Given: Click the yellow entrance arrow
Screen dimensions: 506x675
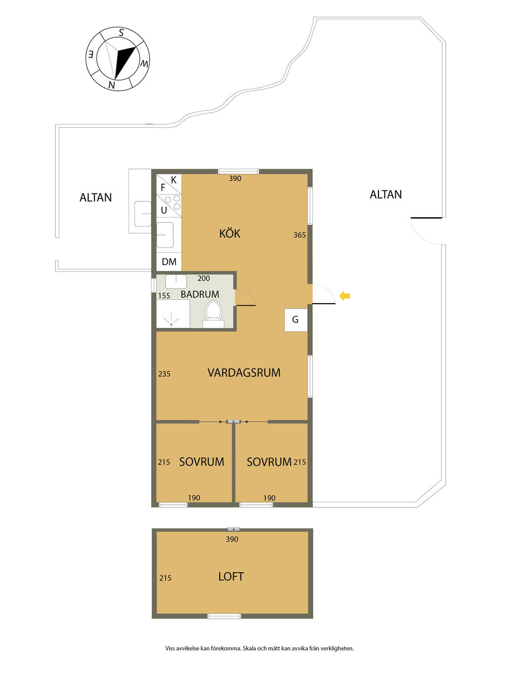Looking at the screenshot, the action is [344, 296].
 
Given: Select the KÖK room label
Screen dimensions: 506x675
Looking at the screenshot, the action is [229, 234].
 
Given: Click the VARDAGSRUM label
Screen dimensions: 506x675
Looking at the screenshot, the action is [244, 373].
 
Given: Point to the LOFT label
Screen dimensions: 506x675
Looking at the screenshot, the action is [231, 576].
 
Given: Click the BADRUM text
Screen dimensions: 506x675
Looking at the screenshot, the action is [200, 294].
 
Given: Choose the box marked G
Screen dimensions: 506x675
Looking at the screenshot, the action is [296, 320].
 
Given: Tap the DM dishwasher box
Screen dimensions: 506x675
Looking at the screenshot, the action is [169, 262].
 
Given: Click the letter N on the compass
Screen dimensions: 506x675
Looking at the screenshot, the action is [112, 85].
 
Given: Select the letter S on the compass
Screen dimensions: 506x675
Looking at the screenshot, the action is [122, 33].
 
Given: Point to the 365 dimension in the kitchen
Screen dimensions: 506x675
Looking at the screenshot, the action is [299, 235].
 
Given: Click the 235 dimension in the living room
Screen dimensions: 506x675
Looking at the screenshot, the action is [165, 374].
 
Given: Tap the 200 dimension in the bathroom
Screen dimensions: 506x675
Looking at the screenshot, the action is [204, 278].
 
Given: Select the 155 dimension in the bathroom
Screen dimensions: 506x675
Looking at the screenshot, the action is [164, 296].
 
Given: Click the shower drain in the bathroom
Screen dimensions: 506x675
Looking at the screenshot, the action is [171, 324].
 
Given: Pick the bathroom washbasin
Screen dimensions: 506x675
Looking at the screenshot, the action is [176, 281].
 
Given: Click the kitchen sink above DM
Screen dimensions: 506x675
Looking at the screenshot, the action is [165, 234].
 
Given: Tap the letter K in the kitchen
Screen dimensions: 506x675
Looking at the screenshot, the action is [173, 180].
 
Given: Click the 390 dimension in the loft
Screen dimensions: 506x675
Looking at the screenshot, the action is [232, 539].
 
